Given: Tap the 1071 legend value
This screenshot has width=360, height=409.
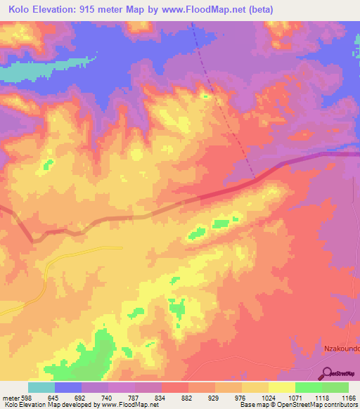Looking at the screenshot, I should pyautogui.click(x=295, y=398).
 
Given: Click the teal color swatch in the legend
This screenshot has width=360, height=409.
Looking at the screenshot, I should pyautogui.click(x=41, y=387).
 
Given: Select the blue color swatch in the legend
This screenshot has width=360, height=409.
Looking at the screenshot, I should pyautogui.click(x=68, y=387).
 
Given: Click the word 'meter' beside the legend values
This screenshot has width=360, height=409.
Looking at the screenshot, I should pyautogui.click(x=10, y=398).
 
